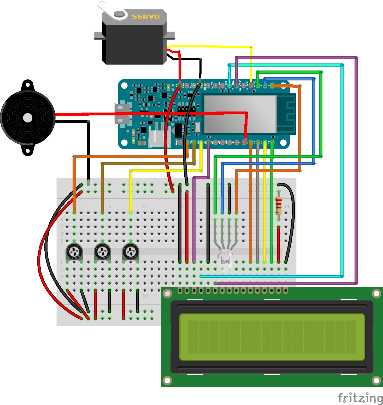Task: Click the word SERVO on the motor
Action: click(145, 17)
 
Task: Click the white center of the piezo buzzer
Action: click(28, 118)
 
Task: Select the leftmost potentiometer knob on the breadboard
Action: click(74, 252)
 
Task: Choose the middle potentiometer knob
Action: click(102, 252)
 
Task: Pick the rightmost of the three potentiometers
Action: click(131, 252)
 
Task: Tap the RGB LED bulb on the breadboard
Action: click(225, 260)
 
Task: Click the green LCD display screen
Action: click(272, 337)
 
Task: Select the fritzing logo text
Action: click(360, 398)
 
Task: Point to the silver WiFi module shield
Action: click(240, 114)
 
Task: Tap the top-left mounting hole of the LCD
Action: click(167, 294)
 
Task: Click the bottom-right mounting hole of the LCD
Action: click(376, 380)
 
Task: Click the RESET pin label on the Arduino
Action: click(205, 85)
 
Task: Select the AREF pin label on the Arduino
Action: click(176, 142)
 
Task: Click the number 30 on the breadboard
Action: click(286, 206)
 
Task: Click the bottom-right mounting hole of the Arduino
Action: click(283, 143)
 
